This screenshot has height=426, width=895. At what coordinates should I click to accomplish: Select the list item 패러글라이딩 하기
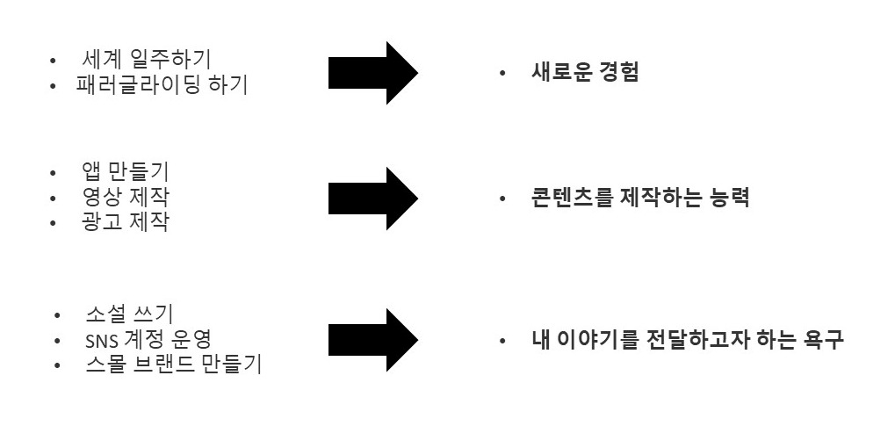[162, 86]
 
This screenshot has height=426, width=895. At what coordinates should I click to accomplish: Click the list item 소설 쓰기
[129, 314]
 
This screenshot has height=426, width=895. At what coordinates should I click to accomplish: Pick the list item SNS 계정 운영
[155, 340]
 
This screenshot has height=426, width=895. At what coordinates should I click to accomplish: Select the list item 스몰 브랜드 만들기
[173, 365]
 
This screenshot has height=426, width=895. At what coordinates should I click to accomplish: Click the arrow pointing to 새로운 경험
[372, 73]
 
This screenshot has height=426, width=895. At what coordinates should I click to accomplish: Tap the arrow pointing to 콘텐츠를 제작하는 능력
[372, 198]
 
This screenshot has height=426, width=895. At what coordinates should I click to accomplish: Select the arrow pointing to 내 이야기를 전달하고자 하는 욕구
[372, 340]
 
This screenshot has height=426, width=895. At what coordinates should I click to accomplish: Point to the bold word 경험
[619, 73]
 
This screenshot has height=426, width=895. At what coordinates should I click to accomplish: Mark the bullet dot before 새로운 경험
[502, 74]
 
